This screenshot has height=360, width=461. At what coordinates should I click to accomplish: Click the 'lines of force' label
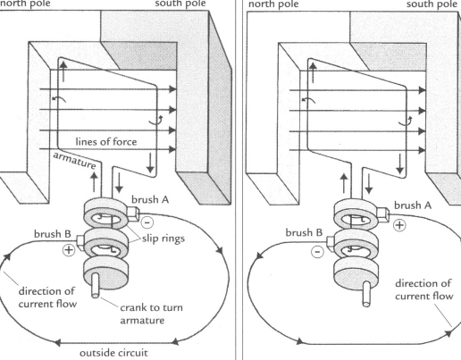[106, 141]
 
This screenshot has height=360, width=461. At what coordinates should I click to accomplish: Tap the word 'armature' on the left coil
[74, 160]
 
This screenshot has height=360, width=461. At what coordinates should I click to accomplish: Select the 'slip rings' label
[163, 239]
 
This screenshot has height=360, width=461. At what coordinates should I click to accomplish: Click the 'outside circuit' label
[113, 353]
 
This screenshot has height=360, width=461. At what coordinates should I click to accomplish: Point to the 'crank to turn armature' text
[151, 314]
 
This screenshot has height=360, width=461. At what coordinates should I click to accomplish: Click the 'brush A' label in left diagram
[150, 199]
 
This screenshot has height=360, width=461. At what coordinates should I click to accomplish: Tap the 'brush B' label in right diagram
[304, 232]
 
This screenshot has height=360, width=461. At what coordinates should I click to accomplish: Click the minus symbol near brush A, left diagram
[147, 222]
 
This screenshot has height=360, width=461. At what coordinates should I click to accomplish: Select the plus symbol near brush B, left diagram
[69, 249]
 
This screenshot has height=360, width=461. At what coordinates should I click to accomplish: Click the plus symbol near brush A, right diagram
[399, 225]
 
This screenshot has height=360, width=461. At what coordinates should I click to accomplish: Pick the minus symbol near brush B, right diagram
[317, 252]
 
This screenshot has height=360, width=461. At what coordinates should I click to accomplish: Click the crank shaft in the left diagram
[96, 285]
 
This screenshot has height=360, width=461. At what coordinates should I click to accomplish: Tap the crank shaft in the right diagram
[366, 294]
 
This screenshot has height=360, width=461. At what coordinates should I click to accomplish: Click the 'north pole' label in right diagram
[273, 4]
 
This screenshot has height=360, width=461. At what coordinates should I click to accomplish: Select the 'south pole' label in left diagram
[180, 4]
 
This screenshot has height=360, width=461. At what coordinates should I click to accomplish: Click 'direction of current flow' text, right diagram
[423, 289]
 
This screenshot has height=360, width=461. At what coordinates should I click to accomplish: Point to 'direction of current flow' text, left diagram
[47, 297]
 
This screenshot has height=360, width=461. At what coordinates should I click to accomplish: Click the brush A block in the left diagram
[133, 214]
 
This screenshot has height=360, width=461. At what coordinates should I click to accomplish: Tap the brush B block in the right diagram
[331, 241]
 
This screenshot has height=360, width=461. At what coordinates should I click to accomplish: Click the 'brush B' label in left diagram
[53, 234]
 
